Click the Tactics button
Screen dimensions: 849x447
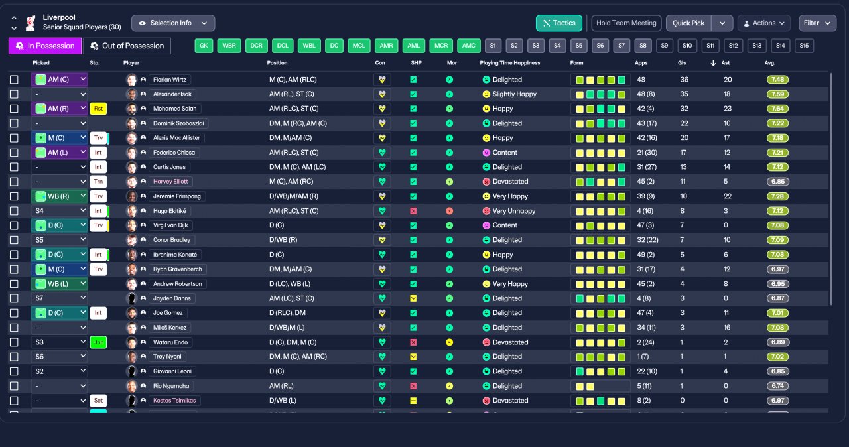(558, 23)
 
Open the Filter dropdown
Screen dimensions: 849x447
(817, 23)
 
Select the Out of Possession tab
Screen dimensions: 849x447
(127, 46)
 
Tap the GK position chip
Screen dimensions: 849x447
(204, 46)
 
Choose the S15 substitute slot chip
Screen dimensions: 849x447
(804, 46)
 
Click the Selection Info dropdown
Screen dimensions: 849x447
(173, 23)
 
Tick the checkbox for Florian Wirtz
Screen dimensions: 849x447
(14, 80)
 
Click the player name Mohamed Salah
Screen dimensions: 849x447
(174, 109)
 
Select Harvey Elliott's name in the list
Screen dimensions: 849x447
(170, 182)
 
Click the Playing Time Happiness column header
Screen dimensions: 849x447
(510, 63)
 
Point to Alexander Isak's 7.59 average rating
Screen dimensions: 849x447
(778, 94)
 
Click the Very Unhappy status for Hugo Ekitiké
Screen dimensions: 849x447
(514, 211)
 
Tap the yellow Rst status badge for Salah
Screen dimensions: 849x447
(98, 109)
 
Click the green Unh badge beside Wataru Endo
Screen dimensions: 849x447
(98, 342)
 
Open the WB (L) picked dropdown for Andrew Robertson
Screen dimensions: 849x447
(59, 284)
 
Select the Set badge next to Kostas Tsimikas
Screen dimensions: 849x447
(98, 401)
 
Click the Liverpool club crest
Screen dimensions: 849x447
(31, 23)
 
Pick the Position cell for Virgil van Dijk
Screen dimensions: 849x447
(277, 225)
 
